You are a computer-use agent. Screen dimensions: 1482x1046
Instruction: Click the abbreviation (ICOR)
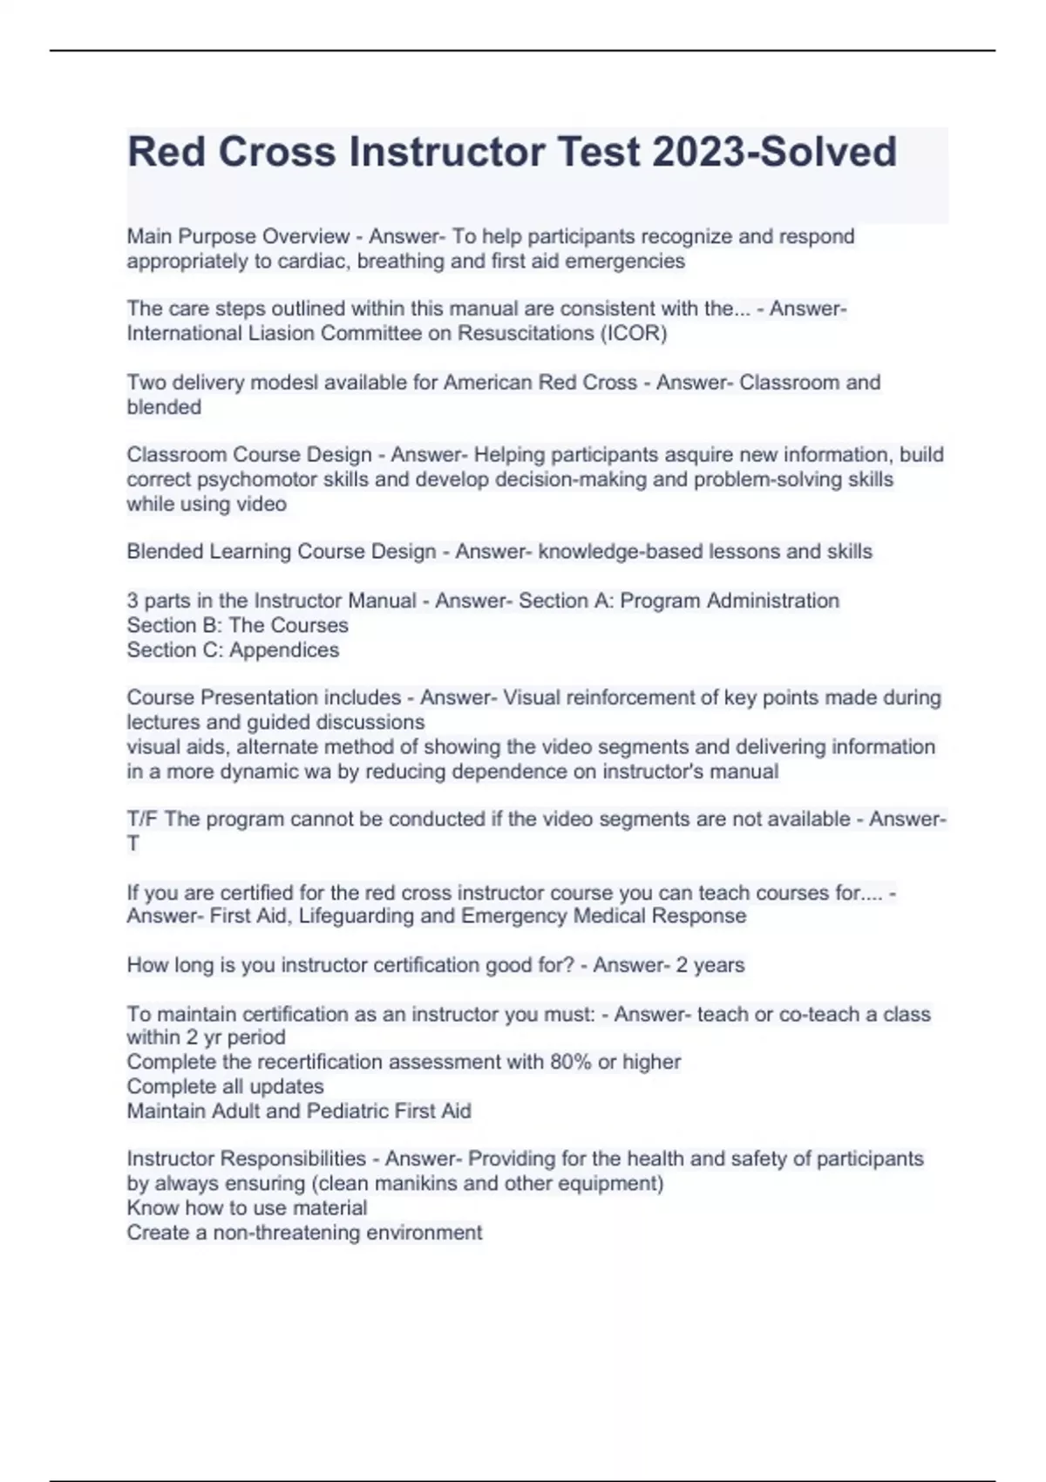[634, 334]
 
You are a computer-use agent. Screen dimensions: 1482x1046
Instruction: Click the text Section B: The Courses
[237, 625]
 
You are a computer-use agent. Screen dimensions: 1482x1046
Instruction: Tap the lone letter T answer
[133, 844]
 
